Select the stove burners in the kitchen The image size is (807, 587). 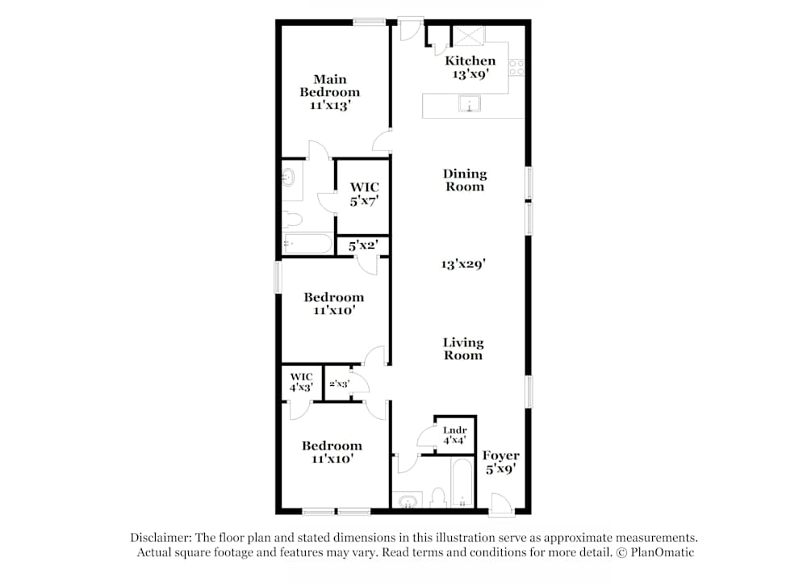tap(516, 68)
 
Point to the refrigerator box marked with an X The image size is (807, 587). tap(468, 37)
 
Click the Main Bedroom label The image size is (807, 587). tap(329, 92)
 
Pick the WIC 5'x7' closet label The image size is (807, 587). tap(364, 194)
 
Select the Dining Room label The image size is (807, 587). tap(465, 180)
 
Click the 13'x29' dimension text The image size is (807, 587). tap(463, 263)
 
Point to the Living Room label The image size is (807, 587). tap(463, 349)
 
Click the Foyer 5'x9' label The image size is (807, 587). tap(500, 461)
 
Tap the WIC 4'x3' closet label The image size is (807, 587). tap(301, 382)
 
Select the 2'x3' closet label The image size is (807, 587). tap(339, 384)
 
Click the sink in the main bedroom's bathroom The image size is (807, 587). tap(289, 177)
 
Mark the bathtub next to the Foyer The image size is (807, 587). tap(463, 484)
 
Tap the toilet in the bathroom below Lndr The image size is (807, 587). tap(439, 497)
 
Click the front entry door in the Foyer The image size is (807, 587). tap(500, 506)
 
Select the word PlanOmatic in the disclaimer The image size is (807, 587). tap(663, 552)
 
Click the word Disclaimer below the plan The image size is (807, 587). tap(162, 538)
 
